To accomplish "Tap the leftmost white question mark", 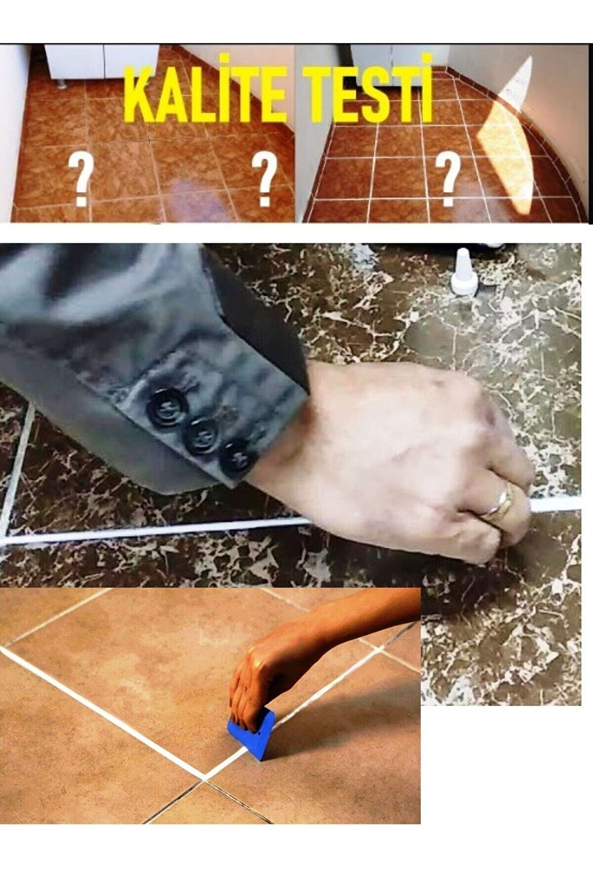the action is pos(81,180).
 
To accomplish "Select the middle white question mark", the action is pos(264,180).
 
